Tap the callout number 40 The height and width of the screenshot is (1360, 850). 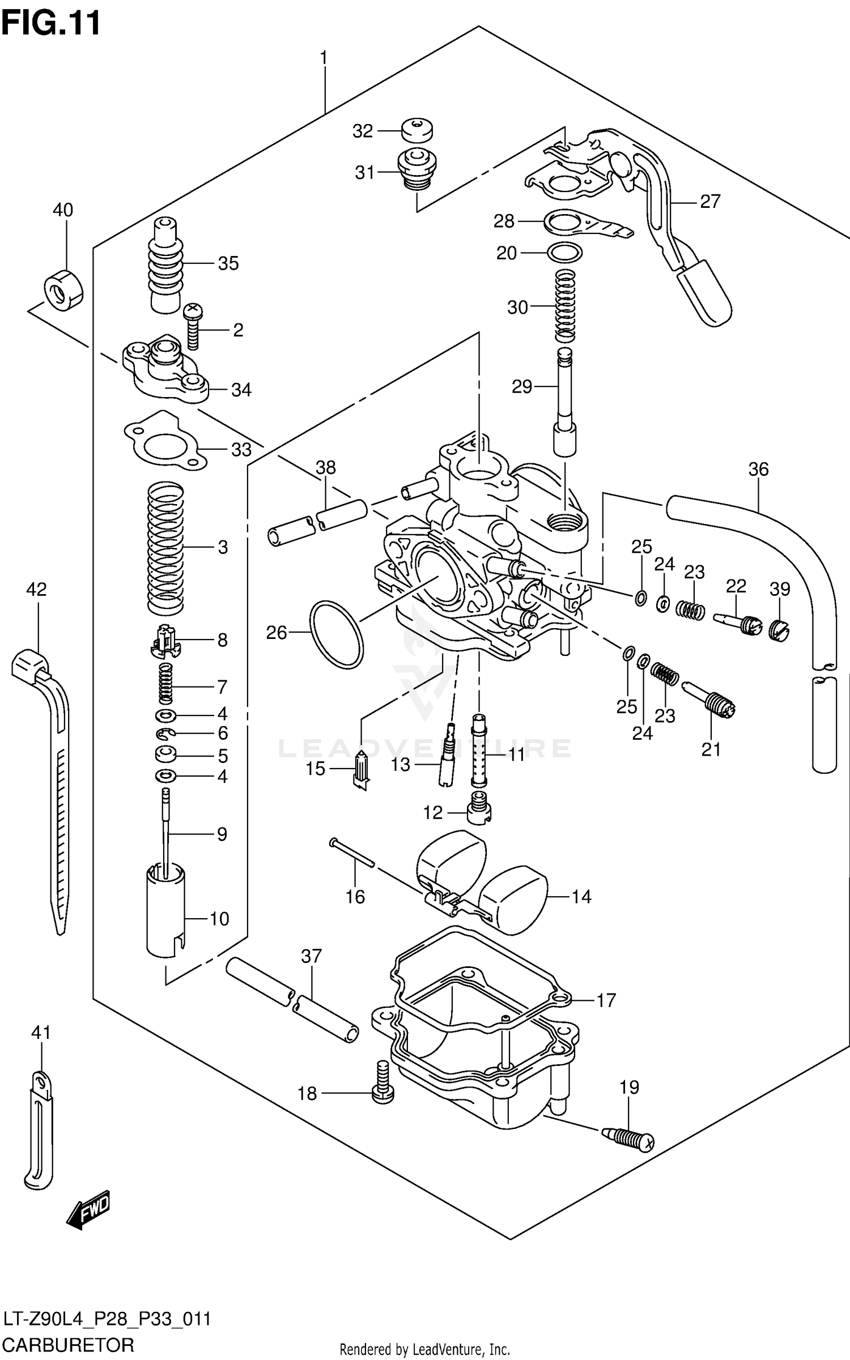click(63, 210)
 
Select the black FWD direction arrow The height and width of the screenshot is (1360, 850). click(88, 1211)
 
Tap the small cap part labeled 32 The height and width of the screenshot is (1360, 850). click(416, 131)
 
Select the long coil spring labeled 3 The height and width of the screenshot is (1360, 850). click(166, 547)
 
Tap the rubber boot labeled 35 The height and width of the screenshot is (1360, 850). click(165, 264)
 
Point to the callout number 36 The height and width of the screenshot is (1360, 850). click(758, 469)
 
